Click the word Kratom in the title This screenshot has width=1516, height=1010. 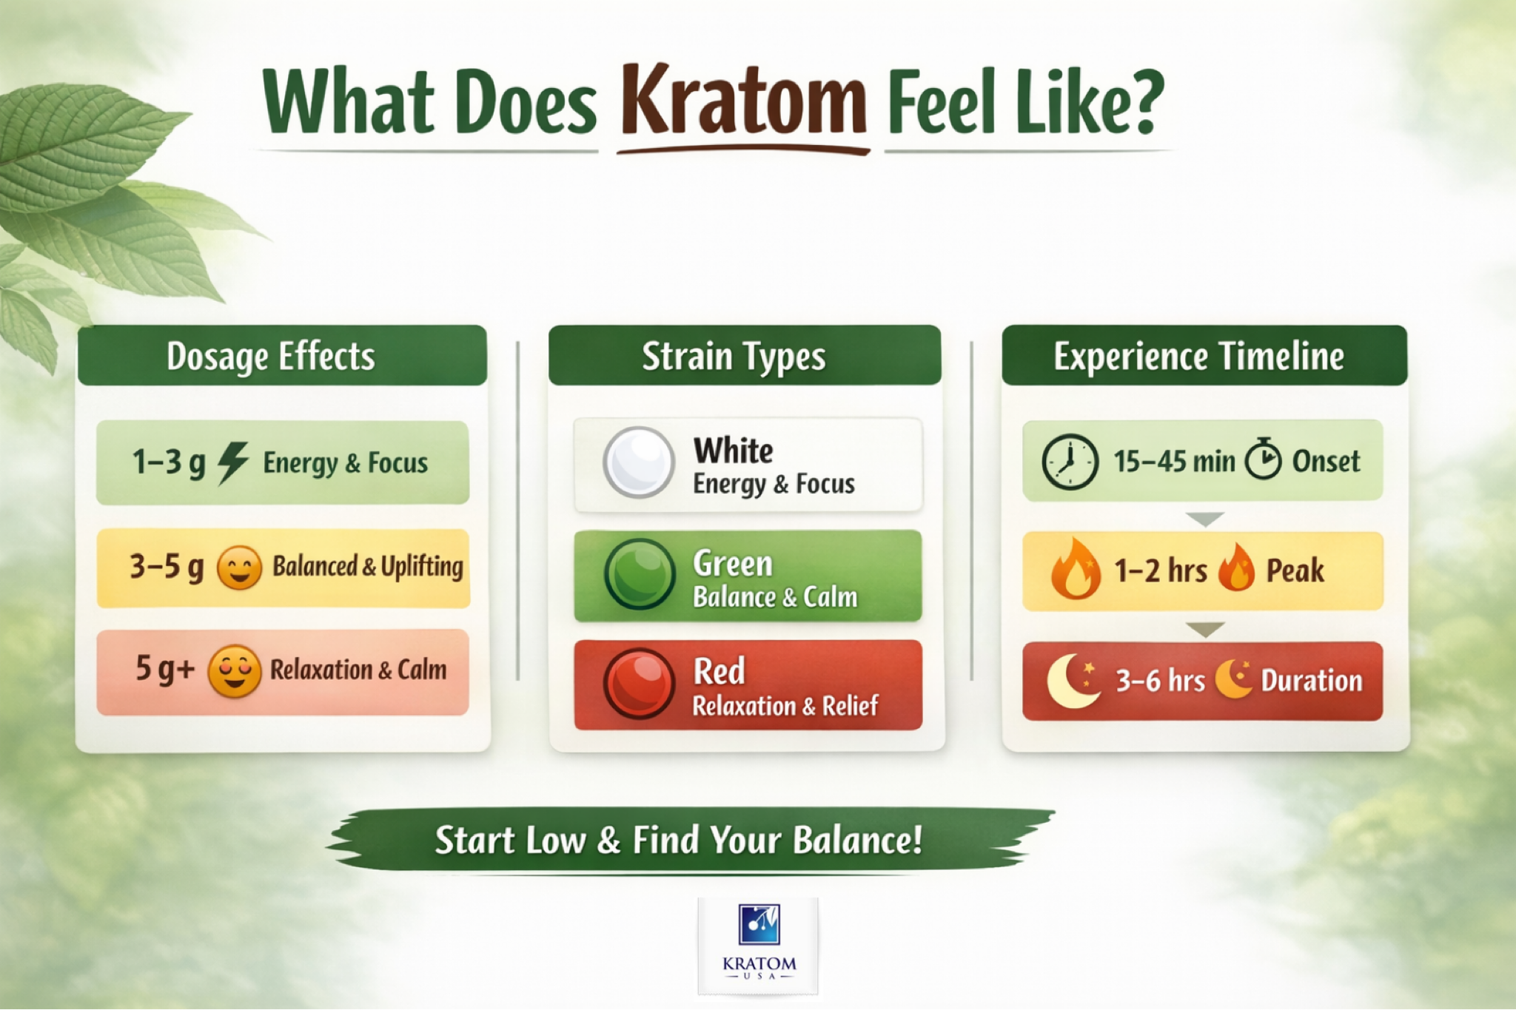743,102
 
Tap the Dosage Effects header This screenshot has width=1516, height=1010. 271,356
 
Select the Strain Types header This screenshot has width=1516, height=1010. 734,357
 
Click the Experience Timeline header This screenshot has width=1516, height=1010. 1198,357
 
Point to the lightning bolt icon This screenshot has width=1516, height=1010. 232,463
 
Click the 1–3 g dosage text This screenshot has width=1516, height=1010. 169,463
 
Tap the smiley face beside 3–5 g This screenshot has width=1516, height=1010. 239,568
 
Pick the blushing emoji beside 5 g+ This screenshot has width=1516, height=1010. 234,671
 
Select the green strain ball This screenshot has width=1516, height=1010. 639,574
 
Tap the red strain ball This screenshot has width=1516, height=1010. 638,683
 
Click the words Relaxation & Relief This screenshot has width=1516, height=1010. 785,706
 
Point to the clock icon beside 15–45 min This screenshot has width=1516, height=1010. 1070,462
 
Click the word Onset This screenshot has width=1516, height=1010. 1326,462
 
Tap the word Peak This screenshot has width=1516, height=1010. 1295,570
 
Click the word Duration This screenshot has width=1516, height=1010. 1311,681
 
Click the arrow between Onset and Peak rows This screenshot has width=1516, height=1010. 1204,519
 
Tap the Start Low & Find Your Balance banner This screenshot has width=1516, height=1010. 678,841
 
